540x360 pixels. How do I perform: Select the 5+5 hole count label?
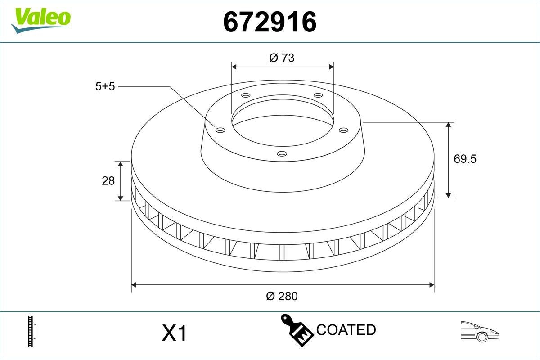(x=105, y=87)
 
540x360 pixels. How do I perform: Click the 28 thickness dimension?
(x=108, y=181)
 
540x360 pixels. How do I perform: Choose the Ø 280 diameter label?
(x=282, y=296)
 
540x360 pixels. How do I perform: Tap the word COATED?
(x=346, y=330)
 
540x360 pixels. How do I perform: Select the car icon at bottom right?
(x=480, y=332)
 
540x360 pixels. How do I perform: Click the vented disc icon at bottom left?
(x=31, y=332)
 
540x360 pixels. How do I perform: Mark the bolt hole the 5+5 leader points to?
(x=220, y=130)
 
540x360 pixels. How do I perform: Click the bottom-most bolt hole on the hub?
(x=282, y=154)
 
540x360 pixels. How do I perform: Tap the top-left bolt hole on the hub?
(x=245, y=95)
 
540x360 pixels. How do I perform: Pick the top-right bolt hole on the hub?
(x=318, y=95)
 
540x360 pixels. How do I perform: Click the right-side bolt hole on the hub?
(x=344, y=130)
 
